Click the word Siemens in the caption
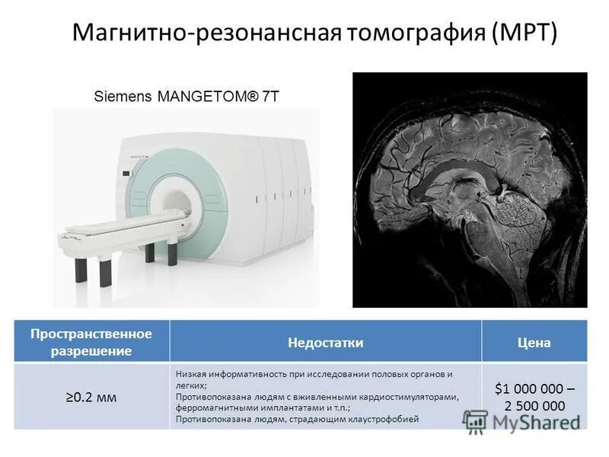click(x=122, y=97)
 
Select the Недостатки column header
click(x=325, y=343)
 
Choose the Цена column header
click(x=534, y=343)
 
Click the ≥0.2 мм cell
click(x=91, y=397)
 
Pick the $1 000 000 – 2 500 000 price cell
click(x=534, y=397)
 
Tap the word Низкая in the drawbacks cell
click(x=190, y=374)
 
